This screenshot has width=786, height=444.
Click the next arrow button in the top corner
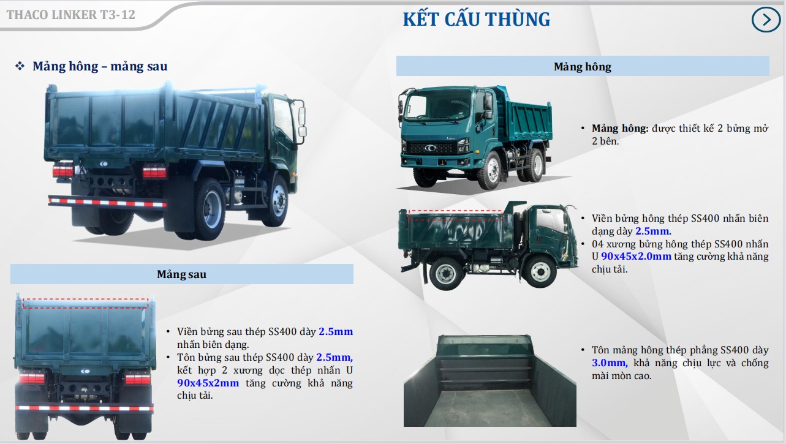coord(766,20)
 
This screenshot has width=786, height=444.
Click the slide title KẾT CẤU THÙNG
coord(476,19)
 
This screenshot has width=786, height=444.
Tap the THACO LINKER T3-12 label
coord(70,14)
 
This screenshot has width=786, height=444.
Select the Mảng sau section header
coord(181,274)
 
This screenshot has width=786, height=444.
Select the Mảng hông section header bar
coord(582,66)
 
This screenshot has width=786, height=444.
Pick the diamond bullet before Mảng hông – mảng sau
coord(20,66)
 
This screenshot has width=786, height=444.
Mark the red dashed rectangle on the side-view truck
coord(455,214)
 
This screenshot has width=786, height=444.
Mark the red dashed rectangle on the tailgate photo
coord(85,303)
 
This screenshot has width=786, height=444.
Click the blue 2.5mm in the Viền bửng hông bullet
coord(653,231)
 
